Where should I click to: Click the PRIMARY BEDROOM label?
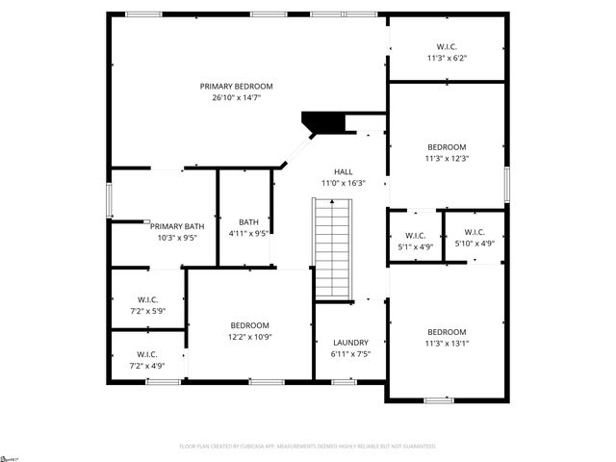[237, 86]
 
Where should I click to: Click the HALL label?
[344, 170]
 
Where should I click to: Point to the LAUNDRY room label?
[350, 343]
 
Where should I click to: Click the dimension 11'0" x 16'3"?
[344, 182]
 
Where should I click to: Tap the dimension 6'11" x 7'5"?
[350, 354]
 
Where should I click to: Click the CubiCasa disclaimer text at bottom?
[308, 447]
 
